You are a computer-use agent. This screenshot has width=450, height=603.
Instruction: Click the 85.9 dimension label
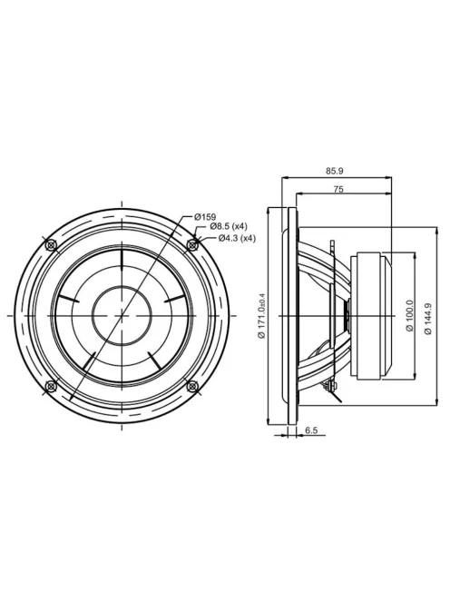[335, 172]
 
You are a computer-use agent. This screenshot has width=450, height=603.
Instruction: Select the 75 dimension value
[338, 189]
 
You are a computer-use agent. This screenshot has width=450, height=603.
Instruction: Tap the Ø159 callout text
[205, 217]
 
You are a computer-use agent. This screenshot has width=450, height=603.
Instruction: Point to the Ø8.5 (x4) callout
[229, 226]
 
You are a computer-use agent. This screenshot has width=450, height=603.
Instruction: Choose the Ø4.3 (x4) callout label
[237, 239]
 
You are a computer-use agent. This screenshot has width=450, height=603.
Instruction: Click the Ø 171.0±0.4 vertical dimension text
[262, 316]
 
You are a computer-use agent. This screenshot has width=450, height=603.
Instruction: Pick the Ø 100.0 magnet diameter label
[409, 316]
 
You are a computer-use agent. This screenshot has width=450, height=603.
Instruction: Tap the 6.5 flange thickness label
[312, 430]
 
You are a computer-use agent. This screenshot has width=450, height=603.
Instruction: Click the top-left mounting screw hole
[51, 244]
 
